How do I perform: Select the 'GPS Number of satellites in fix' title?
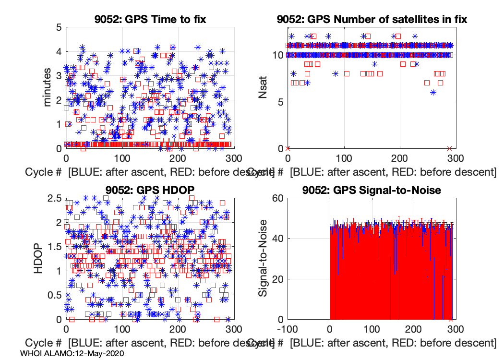pos(372,19)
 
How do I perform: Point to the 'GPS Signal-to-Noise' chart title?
pos(372,190)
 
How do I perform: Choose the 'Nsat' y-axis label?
pos(263,87)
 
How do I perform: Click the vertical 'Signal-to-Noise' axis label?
pos(263,258)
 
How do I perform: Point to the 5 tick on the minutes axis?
pos(58,27)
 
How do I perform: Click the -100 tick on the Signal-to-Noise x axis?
pos(288,330)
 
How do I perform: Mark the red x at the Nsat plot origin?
pos(288,148)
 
